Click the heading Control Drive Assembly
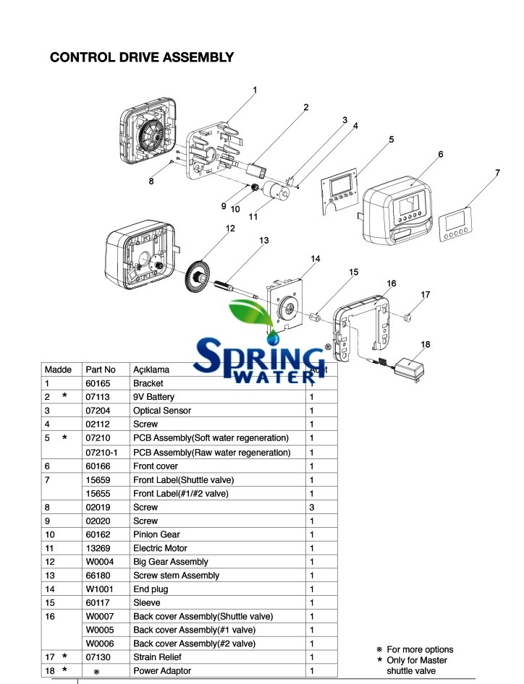pyautogui.click(x=141, y=57)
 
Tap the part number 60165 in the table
pyautogui.click(x=97, y=383)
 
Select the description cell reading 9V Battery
pyautogui.click(x=153, y=397)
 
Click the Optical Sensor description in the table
pyautogui.click(x=162, y=411)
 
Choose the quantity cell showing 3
pyautogui.click(x=312, y=507)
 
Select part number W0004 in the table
pyautogui.click(x=99, y=562)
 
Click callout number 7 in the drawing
pyautogui.click(x=497, y=173)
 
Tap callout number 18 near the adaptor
pyautogui.click(x=426, y=345)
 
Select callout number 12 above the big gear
pyautogui.click(x=230, y=228)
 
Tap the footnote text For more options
pyautogui.click(x=420, y=649)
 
